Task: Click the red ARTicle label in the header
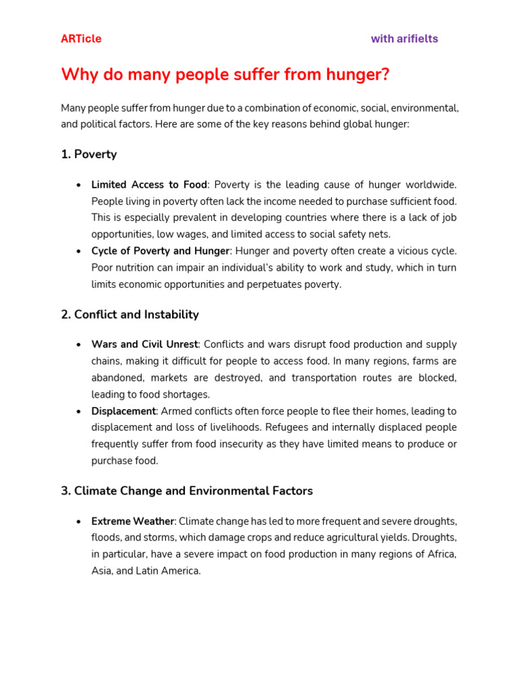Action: tap(81, 39)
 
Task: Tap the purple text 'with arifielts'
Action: tap(404, 39)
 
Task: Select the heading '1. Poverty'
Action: tap(88, 154)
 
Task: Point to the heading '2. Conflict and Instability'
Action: tap(129, 315)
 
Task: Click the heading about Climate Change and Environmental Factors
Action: tap(187, 491)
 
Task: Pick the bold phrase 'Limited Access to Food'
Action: tap(149, 185)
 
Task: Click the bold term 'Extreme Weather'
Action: tap(133, 522)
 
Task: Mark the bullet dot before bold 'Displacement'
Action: tap(80, 412)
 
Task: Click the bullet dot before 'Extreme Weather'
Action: tap(80, 522)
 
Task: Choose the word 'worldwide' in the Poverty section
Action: tap(432, 185)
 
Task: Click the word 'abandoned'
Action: tap(117, 378)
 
